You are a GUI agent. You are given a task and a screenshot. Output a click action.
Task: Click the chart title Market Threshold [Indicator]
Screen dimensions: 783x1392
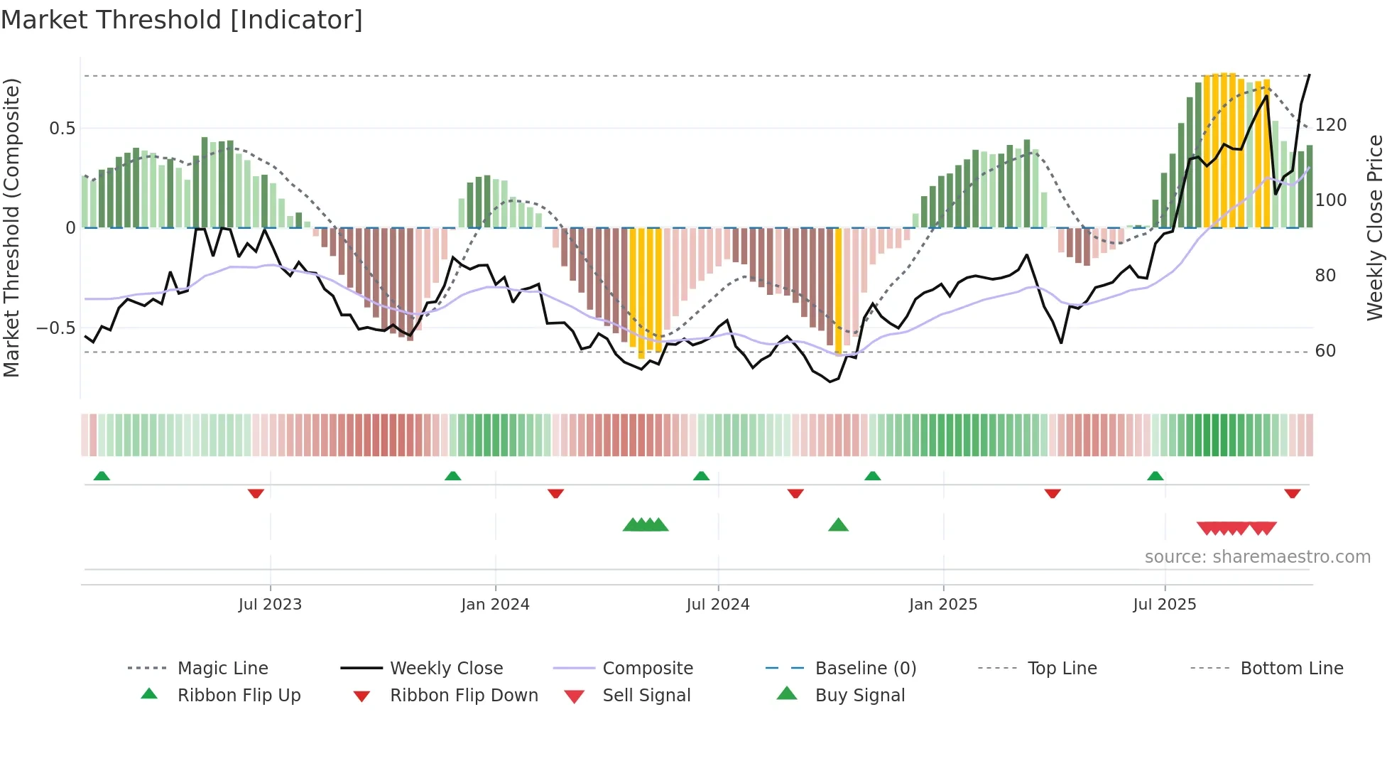(182, 20)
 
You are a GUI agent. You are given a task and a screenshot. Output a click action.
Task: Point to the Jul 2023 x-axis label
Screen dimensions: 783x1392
(270, 605)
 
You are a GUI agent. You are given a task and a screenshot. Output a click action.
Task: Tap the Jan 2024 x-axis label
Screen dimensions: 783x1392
(495, 605)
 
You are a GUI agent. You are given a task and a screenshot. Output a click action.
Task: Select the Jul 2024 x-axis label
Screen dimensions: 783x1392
(718, 605)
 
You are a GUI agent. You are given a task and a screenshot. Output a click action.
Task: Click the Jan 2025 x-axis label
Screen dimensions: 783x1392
(943, 605)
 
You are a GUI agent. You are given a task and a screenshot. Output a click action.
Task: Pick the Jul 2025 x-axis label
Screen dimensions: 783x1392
(1165, 605)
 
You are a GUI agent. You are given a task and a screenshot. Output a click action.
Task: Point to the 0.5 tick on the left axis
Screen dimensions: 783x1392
(62, 129)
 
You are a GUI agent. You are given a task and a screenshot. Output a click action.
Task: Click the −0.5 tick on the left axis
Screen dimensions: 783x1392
(56, 328)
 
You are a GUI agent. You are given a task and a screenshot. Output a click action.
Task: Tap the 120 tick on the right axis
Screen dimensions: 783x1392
(1331, 125)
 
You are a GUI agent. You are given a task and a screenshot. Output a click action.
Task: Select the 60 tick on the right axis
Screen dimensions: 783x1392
(1325, 351)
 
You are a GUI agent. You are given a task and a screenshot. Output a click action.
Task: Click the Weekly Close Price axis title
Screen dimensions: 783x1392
(1375, 227)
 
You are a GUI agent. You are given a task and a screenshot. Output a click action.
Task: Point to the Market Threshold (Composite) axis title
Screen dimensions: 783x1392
(11, 227)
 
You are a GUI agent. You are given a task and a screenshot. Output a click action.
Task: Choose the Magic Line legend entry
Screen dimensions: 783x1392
(222, 669)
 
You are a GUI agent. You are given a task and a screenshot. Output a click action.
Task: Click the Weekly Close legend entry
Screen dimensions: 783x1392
(446, 669)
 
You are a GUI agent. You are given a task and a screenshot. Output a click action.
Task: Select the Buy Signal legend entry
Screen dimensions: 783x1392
(859, 696)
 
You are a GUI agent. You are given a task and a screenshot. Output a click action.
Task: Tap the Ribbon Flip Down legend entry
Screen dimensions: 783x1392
(464, 696)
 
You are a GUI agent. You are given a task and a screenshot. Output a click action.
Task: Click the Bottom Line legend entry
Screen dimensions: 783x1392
(1291, 669)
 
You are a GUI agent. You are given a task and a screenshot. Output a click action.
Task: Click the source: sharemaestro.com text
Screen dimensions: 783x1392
(1257, 557)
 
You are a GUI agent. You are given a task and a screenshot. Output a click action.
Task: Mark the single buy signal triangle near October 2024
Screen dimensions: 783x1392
(838, 525)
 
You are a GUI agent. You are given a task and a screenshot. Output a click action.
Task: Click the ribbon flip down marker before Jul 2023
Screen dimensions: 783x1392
(256, 493)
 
